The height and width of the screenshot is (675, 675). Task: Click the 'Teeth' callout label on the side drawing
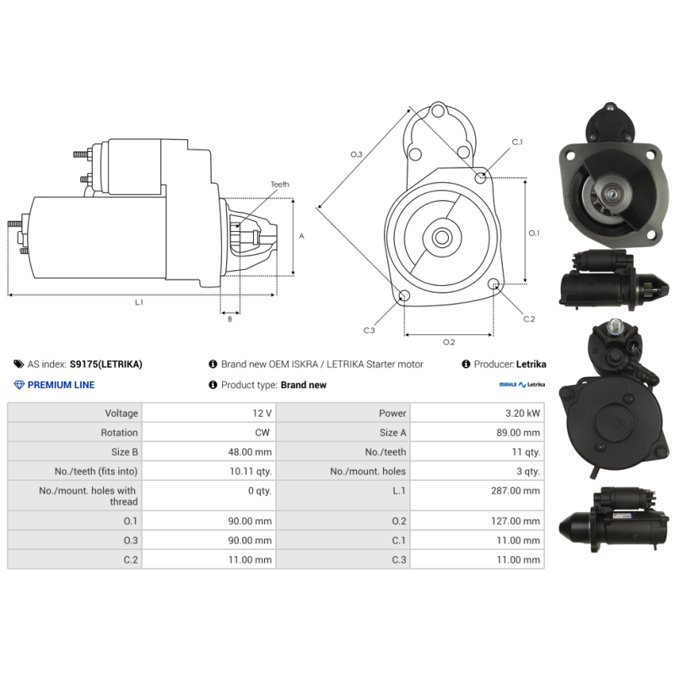coord(280,184)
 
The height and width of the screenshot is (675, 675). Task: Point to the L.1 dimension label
coord(138,302)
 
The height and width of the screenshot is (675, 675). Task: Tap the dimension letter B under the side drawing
coord(229,319)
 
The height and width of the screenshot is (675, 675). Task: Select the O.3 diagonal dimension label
coord(356,154)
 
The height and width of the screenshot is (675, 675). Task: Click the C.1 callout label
coord(517,142)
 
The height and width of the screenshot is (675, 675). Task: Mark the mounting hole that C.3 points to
coord(404,295)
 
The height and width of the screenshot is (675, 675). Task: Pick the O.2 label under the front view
coord(449,342)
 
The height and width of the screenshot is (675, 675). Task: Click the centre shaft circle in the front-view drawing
coord(441,237)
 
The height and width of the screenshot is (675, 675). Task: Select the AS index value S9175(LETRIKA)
coord(106,364)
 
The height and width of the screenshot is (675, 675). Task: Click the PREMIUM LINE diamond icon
coord(19,385)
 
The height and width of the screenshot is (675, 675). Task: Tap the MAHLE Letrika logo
coord(521,385)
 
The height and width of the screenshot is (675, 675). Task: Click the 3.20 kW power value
coord(522,413)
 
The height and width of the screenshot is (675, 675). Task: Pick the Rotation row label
coord(119,433)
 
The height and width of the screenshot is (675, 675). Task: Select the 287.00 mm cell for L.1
coord(516,490)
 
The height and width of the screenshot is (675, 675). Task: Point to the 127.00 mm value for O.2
coord(516,521)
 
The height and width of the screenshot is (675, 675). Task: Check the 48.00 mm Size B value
coord(250,452)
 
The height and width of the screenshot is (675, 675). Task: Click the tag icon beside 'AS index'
coord(19,364)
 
